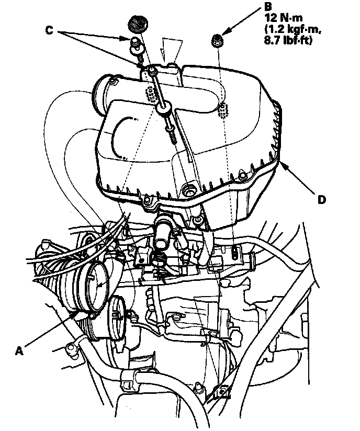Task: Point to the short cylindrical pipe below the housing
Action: tap(162, 237)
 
